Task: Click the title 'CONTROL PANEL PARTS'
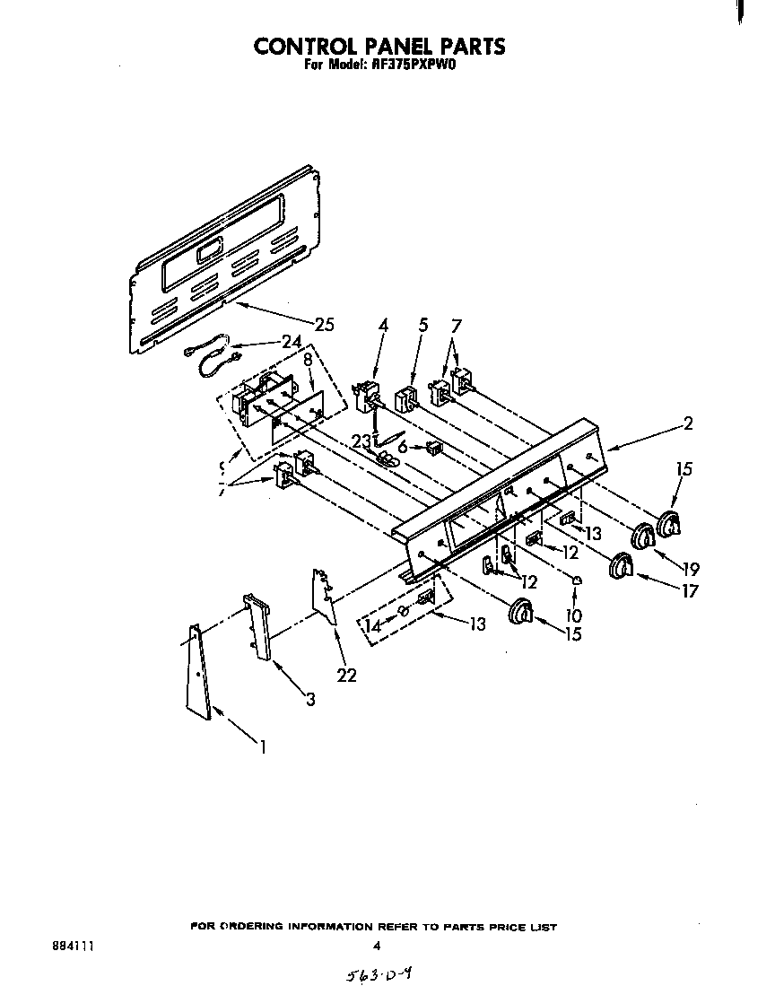point(379,46)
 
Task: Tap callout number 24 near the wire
point(291,341)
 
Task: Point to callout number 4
point(383,326)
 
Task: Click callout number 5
point(422,326)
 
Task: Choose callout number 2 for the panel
point(687,424)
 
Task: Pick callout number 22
point(345,675)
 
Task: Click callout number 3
point(309,699)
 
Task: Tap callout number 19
point(691,568)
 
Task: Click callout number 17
point(689,591)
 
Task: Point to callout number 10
point(574,615)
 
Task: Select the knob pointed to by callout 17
point(621,567)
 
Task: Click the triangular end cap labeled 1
point(197,673)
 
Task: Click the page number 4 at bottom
point(377,946)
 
